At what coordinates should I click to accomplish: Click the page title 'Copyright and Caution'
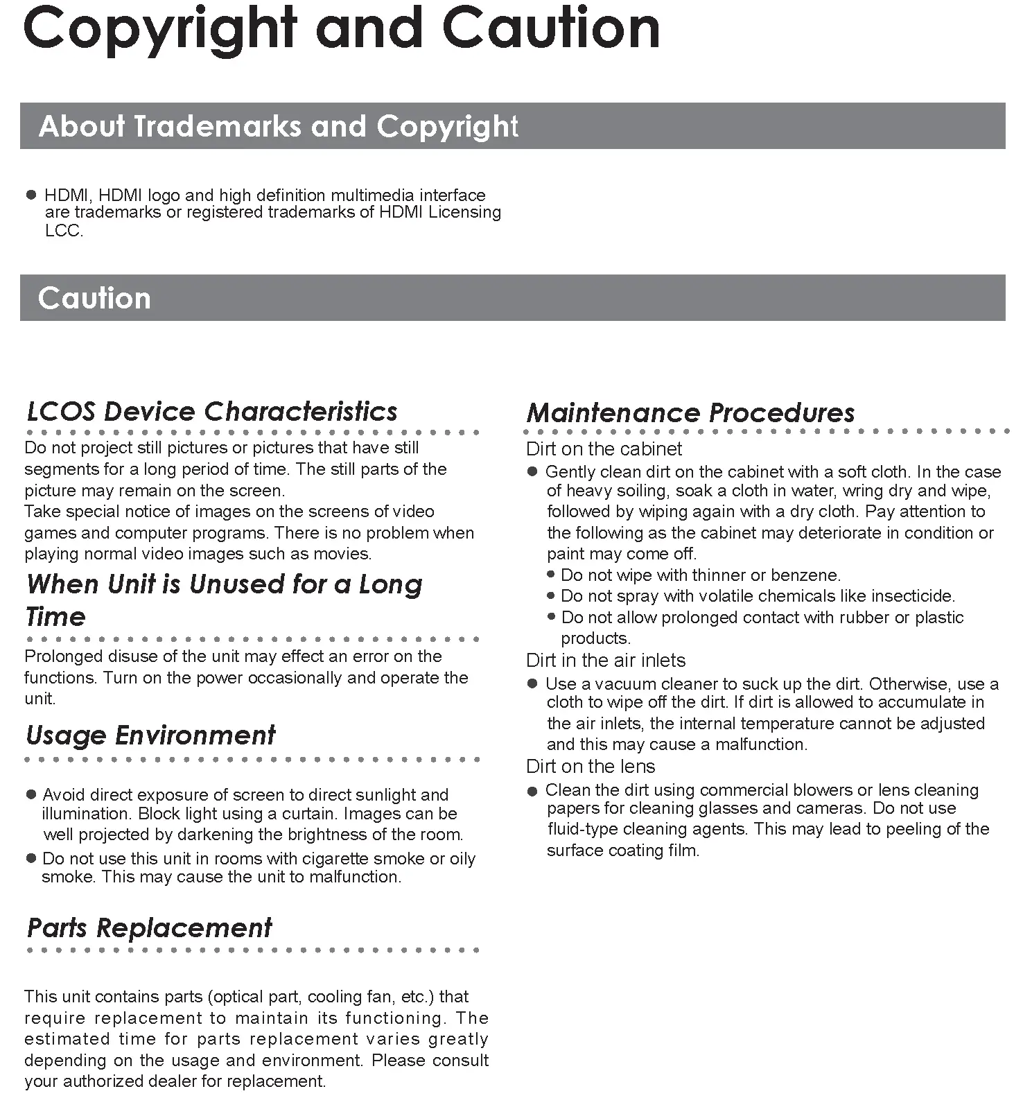pyautogui.click(x=341, y=29)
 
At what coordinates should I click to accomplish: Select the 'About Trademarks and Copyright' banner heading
pyautogui.click(x=278, y=126)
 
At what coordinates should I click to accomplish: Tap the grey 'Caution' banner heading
pyautogui.click(x=94, y=298)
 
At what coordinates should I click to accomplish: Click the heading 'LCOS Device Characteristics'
pyautogui.click(x=212, y=411)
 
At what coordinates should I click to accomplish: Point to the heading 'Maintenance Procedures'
pyautogui.click(x=690, y=412)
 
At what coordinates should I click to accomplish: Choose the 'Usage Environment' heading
pyautogui.click(x=150, y=735)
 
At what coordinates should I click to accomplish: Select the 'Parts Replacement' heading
pyautogui.click(x=150, y=927)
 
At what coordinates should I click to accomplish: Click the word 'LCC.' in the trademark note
pyautogui.click(x=64, y=231)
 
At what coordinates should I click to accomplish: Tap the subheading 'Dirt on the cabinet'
pyautogui.click(x=604, y=448)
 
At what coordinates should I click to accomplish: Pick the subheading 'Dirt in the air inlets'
pyautogui.click(x=606, y=660)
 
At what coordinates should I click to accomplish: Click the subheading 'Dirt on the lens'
pyautogui.click(x=591, y=766)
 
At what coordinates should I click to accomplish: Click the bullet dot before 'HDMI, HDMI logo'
pyautogui.click(x=30, y=195)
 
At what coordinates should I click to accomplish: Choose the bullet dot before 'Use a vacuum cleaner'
pyautogui.click(x=532, y=684)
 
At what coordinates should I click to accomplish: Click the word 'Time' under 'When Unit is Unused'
pyautogui.click(x=55, y=616)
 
